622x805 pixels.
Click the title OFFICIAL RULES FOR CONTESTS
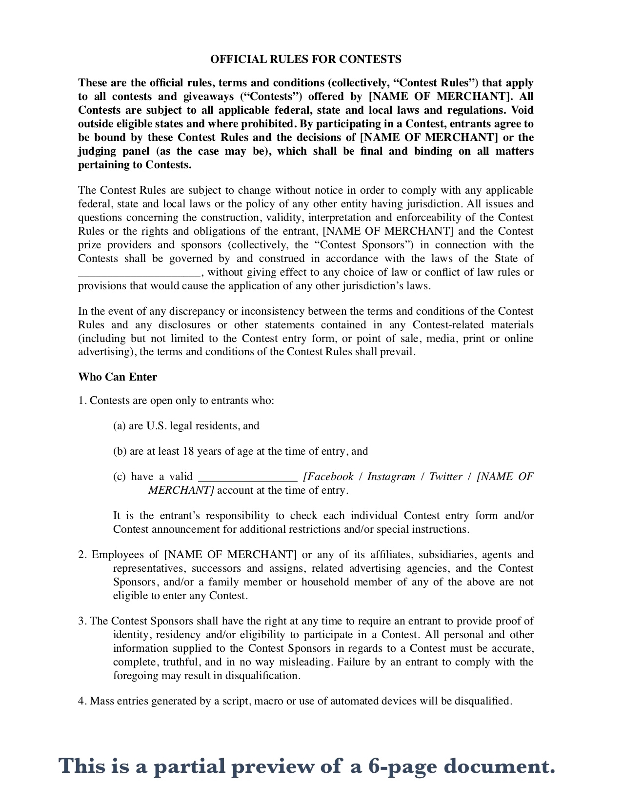pyautogui.click(x=306, y=60)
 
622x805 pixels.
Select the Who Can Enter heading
pyautogui.click(x=118, y=377)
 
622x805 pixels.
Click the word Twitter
pyautogui.click(x=445, y=477)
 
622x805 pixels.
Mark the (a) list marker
pyautogui.click(x=120, y=426)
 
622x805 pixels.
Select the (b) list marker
pyautogui.click(x=120, y=451)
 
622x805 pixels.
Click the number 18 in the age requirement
pyautogui.click(x=188, y=451)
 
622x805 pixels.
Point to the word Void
pyautogui.click(x=522, y=110)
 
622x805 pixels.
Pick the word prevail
pyautogui.click(x=398, y=352)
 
